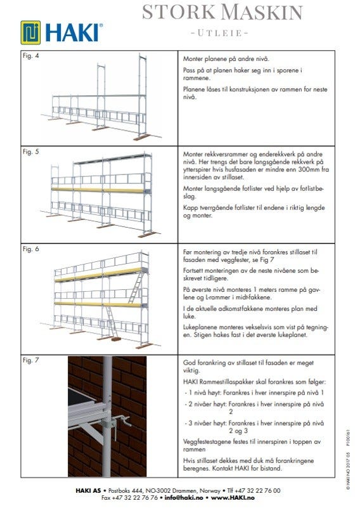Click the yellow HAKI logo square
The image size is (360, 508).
(31, 32)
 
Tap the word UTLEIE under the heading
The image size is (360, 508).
(219, 33)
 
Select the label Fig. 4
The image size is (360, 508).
(31, 56)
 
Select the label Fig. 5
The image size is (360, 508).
(31, 152)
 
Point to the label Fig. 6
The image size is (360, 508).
(31, 249)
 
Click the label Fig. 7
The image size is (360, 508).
(31, 360)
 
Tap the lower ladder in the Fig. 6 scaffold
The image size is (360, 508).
(112, 322)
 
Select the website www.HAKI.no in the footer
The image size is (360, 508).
(233, 498)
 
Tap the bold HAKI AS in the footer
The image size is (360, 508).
(88, 490)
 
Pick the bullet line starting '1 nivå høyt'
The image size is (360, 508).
(254, 393)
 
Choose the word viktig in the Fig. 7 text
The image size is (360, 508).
(191, 370)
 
